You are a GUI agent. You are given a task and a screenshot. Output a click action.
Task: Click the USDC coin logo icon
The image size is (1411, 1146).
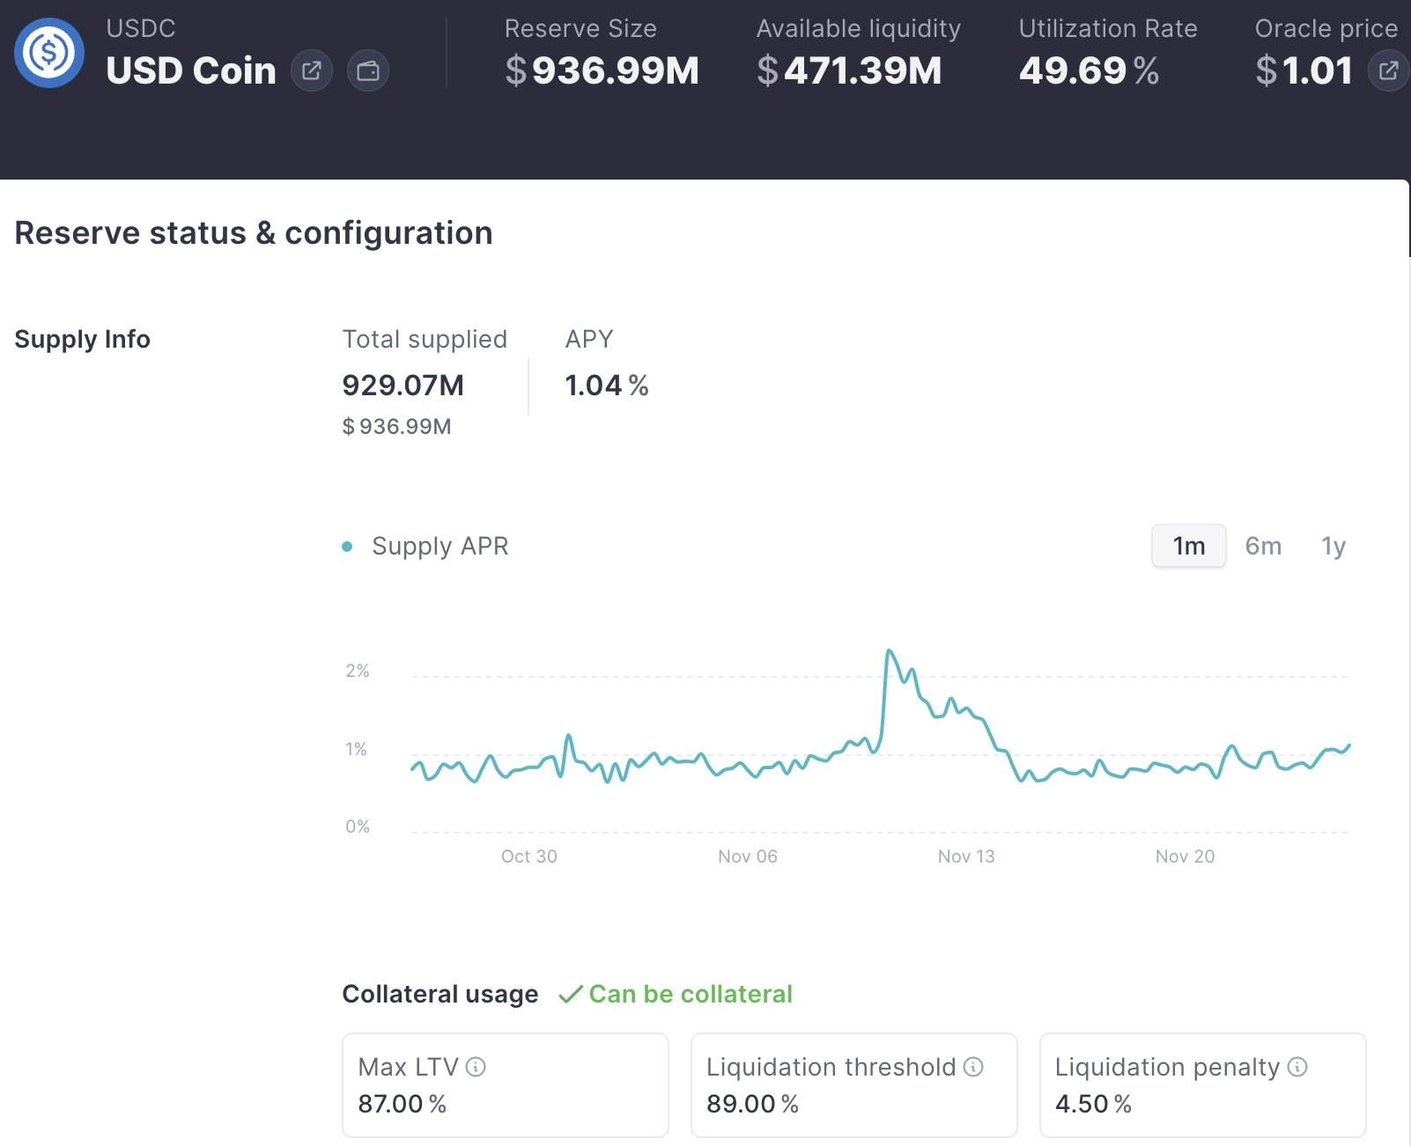[49, 53]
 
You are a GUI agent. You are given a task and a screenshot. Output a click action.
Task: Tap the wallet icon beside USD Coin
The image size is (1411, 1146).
[368, 71]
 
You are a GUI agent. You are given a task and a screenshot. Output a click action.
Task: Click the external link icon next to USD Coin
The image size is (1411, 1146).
[312, 71]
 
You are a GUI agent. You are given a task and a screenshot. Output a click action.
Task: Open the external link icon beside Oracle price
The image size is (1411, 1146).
[1388, 71]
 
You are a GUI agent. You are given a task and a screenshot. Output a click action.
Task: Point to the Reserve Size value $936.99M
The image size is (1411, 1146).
[602, 71]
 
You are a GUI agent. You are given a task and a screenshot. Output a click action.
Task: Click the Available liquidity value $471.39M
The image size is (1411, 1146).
[849, 71]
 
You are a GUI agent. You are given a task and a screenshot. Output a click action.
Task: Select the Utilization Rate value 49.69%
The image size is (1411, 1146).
[1089, 71]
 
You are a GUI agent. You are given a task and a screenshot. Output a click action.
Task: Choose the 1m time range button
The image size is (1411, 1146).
[1188, 547]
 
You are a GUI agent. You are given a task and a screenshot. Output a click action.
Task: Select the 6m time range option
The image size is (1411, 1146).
[1263, 547]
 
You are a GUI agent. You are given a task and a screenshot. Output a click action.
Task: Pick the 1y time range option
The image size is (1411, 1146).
[1333, 547]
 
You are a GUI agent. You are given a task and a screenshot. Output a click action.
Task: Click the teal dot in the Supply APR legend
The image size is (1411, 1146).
[347, 547]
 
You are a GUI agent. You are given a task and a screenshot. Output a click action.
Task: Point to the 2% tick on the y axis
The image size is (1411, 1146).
[358, 672]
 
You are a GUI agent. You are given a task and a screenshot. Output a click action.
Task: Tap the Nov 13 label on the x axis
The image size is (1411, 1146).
[966, 856]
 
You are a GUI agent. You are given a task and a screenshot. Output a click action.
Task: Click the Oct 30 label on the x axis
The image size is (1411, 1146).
[529, 856]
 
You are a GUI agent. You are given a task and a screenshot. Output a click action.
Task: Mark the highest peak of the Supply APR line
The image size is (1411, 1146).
[890, 651]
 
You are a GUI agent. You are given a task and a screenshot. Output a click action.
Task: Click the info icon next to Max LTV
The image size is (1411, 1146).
[476, 1068]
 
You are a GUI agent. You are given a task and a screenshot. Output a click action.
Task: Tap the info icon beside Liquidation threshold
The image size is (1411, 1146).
[973, 1068]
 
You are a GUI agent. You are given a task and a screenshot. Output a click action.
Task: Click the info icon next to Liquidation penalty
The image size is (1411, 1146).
[1297, 1068]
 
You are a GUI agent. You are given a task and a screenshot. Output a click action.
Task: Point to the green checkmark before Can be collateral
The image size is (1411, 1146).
[571, 995]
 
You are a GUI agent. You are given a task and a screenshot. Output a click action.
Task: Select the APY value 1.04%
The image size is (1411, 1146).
[606, 386]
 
